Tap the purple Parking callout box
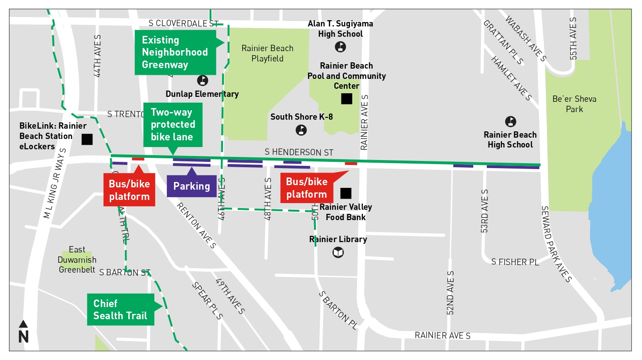pos(192,186)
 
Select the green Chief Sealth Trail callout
pos(120,309)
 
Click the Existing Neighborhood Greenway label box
pos(175,52)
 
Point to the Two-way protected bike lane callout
pos(173,125)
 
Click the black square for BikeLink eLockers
pos(87,139)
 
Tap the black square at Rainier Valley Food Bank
pos(345,193)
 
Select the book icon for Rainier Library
pos(338,253)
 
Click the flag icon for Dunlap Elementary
pos(203,81)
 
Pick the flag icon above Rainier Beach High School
pos(510,121)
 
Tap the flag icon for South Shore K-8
pos(301,130)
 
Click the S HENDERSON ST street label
pos(299,152)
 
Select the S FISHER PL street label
pos(515,262)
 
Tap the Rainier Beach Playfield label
pos(267,53)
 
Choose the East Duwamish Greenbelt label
pos(77,260)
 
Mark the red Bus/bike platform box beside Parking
pos(129,190)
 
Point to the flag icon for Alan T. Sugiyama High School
pos(341,46)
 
